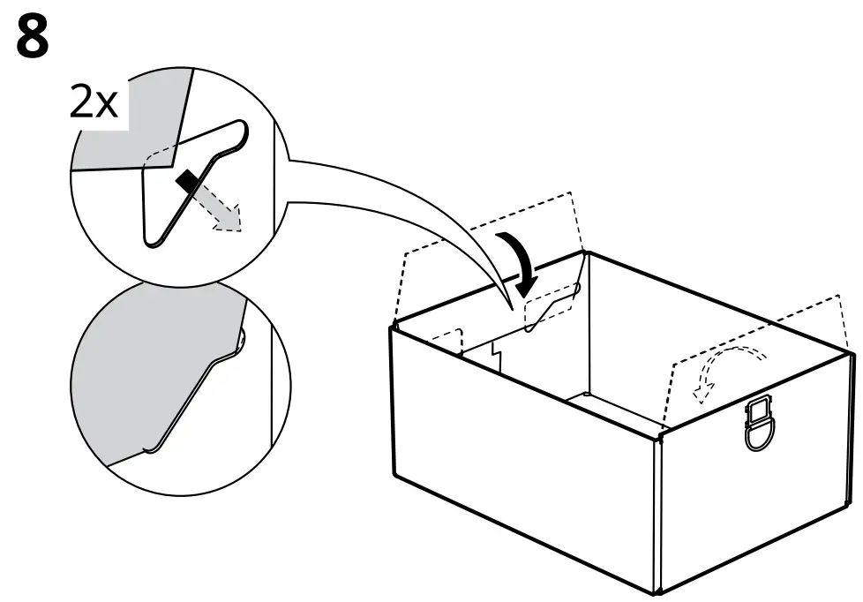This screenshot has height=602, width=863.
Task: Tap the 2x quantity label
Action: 93,104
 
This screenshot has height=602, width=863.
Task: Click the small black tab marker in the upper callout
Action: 187,182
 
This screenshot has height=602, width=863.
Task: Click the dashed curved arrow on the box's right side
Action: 729,369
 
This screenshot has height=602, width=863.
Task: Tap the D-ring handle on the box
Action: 761,425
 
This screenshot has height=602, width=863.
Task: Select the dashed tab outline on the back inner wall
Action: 552,305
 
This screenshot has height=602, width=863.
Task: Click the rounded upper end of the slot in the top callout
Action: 238,132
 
